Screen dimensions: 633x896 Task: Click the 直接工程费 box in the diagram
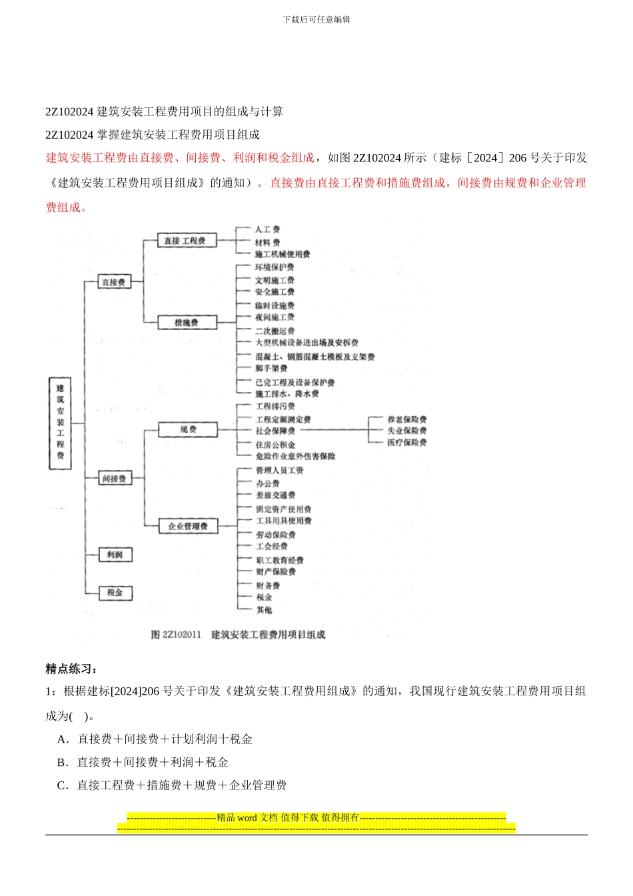click(187, 241)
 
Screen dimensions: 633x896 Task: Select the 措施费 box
click(187, 323)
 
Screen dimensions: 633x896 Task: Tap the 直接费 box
click(113, 282)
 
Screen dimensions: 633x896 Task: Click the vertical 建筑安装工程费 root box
click(61, 423)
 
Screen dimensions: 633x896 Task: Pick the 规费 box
click(188, 430)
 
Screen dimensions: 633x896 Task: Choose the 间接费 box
click(114, 478)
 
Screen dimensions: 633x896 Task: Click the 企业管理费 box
click(188, 526)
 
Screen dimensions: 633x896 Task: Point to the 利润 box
click(115, 555)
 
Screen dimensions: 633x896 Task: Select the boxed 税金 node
click(115, 593)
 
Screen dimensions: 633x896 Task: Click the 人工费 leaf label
click(267, 229)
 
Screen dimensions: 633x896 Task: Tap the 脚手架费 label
click(271, 368)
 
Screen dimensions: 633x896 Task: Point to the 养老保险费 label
click(407, 419)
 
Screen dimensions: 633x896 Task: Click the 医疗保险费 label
click(407, 443)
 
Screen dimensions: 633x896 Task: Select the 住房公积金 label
click(275, 445)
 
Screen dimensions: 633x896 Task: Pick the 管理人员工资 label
click(280, 471)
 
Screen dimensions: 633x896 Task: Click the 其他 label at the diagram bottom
click(264, 610)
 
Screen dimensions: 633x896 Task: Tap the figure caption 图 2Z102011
click(176, 635)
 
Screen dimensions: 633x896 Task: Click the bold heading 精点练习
click(71, 669)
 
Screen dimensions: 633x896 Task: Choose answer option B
click(143, 762)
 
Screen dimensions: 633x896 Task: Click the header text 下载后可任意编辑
click(316, 19)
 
